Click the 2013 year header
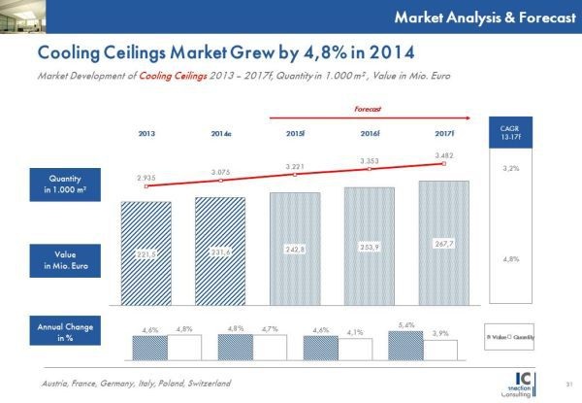click(x=147, y=131)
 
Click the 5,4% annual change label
click(x=406, y=325)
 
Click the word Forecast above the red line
click(x=369, y=110)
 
